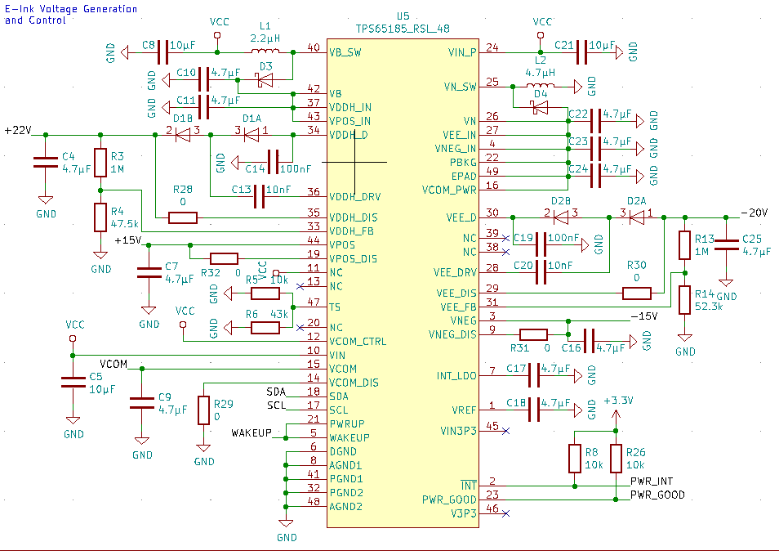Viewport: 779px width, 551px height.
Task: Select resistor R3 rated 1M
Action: (x=100, y=162)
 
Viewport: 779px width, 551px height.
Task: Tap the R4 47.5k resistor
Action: (x=100, y=217)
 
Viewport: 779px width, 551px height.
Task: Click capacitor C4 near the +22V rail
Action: (x=46, y=162)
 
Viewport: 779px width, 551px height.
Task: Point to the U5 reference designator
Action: (x=402, y=16)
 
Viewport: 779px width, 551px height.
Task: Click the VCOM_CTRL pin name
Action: (x=358, y=341)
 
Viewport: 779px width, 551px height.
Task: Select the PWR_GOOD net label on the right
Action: (x=657, y=495)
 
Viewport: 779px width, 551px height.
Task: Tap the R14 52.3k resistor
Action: (x=684, y=300)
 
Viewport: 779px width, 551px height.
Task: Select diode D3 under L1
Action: (x=265, y=80)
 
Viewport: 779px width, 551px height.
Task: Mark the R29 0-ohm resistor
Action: (x=203, y=410)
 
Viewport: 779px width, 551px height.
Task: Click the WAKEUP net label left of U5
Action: (x=251, y=432)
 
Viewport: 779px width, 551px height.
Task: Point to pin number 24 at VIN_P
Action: (x=492, y=47)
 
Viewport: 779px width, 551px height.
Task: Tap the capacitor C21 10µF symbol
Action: (x=581, y=52)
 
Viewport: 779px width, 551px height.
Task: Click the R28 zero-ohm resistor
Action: (x=182, y=217)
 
